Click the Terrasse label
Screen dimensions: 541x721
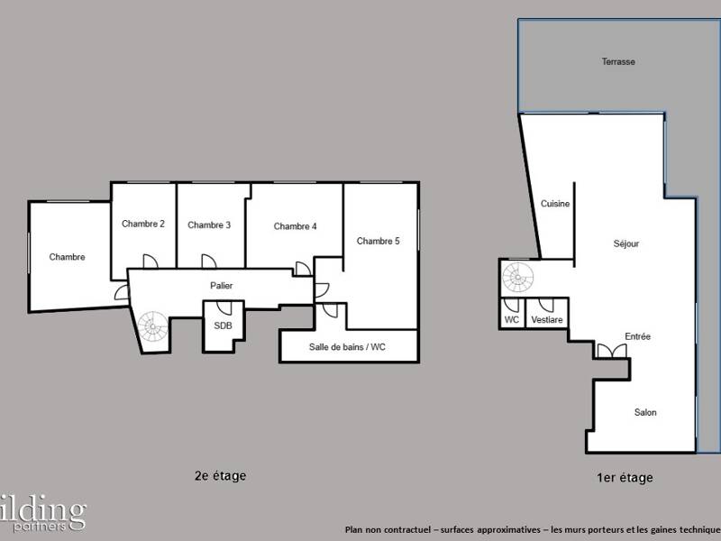(x=618, y=62)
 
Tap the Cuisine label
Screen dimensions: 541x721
(x=555, y=204)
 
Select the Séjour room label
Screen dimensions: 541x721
(x=625, y=243)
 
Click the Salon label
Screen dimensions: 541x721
(x=645, y=412)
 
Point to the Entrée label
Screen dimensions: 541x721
(x=637, y=336)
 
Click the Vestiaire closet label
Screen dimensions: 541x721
(x=547, y=319)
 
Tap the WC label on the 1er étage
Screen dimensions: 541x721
(x=511, y=319)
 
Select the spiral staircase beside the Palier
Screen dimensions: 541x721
(x=152, y=322)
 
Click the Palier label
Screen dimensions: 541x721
(x=222, y=286)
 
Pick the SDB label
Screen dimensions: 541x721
(x=222, y=326)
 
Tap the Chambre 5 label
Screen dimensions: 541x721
(x=378, y=241)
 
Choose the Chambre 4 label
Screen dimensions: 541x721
(x=295, y=226)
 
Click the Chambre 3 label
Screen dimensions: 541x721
(x=209, y=225)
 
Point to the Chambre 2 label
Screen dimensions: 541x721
(x=143, y=224)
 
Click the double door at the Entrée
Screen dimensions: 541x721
(x=609, y=351)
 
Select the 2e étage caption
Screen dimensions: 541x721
(x=220, y=475)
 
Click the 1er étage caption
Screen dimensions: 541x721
(x=625, y=478)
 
